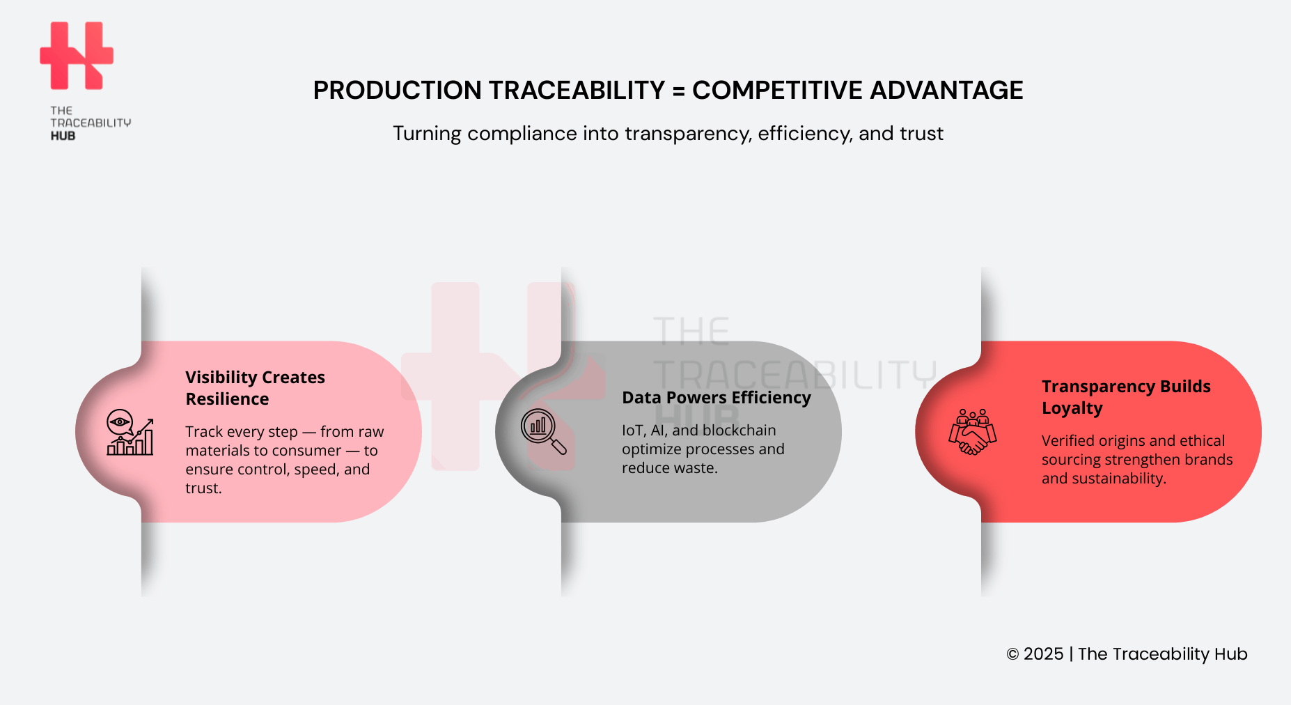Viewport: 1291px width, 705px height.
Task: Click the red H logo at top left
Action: (x=77, y=56)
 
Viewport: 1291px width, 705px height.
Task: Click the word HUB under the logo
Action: (x=63, y=136)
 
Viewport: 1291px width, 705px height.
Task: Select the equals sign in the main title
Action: (x=678, y=91)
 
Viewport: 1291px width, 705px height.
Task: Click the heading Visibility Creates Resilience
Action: (x=255, y=388)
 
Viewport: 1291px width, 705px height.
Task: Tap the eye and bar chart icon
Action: (x=130, y=433)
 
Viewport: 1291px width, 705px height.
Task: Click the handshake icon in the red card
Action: (x=972, y=433)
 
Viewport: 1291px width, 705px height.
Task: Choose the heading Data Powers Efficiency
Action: (x=716, y=398)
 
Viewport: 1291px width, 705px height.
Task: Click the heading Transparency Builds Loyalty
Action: (x=1125, y=397)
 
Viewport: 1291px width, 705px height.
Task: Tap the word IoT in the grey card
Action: (x=633, y=431)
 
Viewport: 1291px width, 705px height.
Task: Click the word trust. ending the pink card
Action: (x=203, y=488)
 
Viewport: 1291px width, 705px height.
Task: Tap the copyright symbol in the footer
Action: (x=1012, y=654)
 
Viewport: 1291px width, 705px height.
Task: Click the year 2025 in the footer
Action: (x=1043, y=654)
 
